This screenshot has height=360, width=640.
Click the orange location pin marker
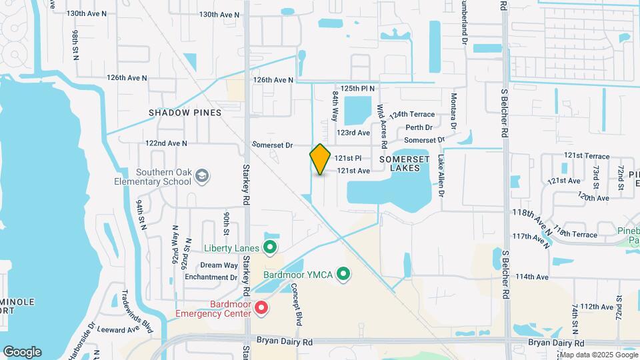[320, 159]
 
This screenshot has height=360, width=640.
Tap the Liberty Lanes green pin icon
[270, 248]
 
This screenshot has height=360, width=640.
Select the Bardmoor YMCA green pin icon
[343, 273]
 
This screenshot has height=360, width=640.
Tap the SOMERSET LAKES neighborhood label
[400, 164]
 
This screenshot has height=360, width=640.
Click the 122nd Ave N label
[167, 143]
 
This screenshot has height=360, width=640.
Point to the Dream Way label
[219, 265]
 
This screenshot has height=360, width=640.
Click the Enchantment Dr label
[211, 277]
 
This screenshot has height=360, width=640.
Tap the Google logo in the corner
[22, 352]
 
